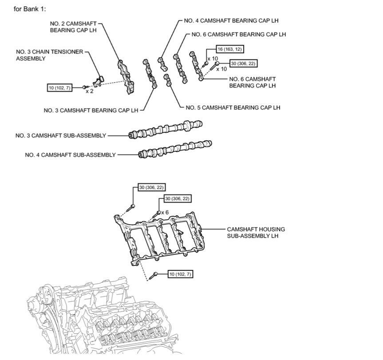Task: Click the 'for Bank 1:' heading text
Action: pyautogui.click(x=30, y=8)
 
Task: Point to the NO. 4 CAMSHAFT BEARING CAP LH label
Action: pyautogui.click(x=234, y=20)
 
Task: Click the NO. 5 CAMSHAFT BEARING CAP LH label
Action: pyautogui.click(x=233, y=107)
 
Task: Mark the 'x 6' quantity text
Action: pyautogui.click(x=165, y=212)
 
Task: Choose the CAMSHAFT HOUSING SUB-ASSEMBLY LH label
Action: pyautogui.click(x=256, y=233)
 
